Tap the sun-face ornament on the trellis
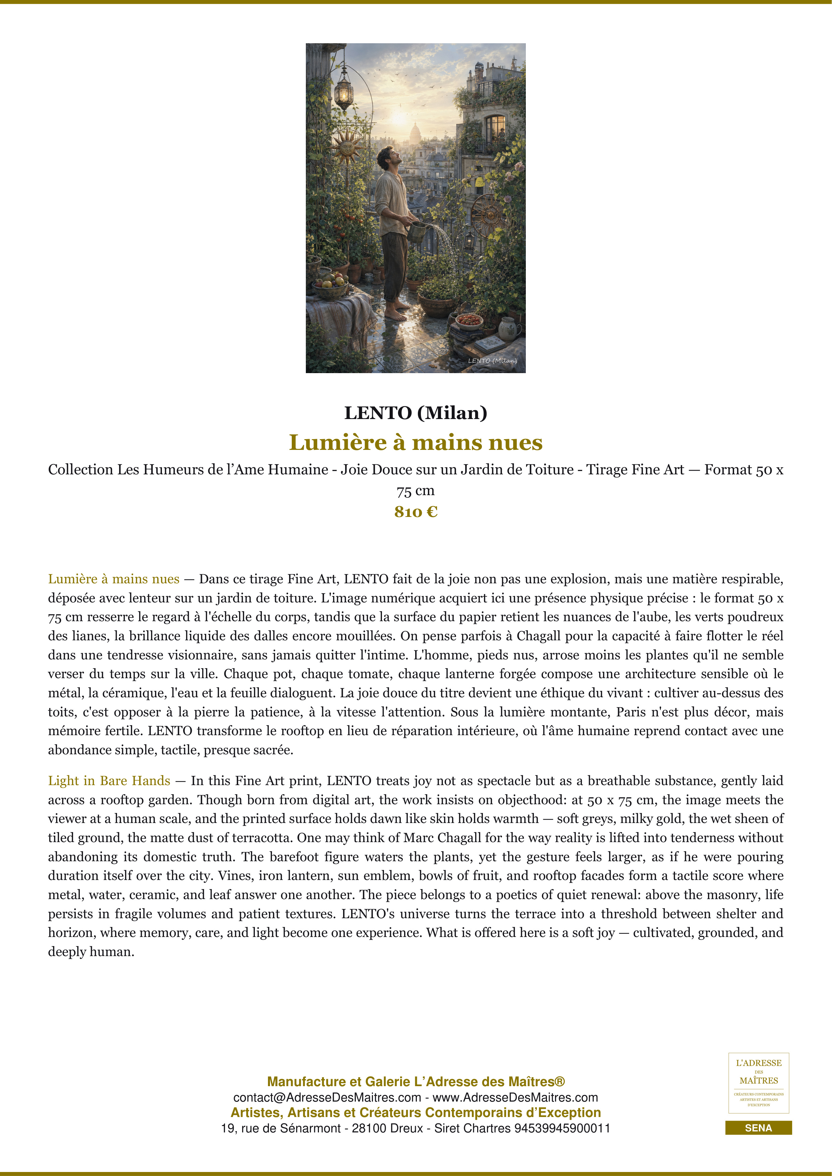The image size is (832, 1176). point(347,146)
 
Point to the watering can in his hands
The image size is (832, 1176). point(417,231)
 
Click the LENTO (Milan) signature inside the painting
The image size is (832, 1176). point(492,361)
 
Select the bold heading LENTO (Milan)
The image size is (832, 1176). point(415,413)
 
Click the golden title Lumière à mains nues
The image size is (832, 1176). point(415,443)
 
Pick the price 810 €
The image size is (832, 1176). point(415,512)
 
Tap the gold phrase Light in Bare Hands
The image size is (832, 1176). point(109,780)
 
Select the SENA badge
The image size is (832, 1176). point(758,1128)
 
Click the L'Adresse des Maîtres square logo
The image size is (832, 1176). point(758,1083)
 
